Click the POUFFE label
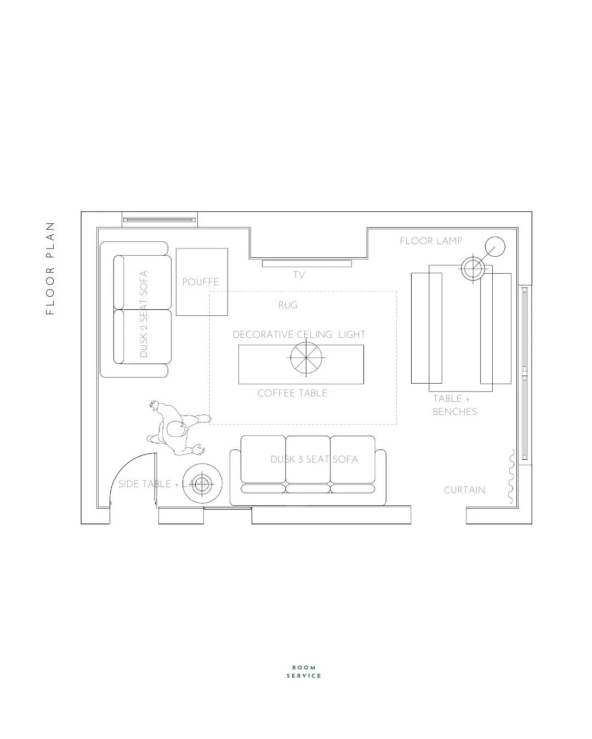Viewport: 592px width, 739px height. tap(201, 282)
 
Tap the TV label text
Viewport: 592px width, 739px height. tap(299, 275)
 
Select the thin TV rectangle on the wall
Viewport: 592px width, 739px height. tap(306, 263)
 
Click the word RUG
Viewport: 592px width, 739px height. tap(288, 305)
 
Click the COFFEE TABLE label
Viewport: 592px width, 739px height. tap(292, 393)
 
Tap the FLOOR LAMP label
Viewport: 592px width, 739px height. tap(431, 241)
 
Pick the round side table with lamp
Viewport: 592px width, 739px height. tap(202, 483)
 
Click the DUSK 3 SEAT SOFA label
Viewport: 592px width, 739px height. tap(314, 459)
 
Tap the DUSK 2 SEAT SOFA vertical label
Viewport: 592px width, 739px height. tap(144, 314)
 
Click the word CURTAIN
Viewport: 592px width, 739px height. tap(464, 490)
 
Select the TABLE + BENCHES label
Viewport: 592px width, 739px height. tap(454, 406)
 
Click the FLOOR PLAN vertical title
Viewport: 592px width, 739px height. tap(50, 268)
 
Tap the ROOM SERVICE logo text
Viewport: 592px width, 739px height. tap(304, 672)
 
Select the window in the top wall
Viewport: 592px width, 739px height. tap(160, 220)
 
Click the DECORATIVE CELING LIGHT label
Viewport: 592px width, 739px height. tap(299, 334)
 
